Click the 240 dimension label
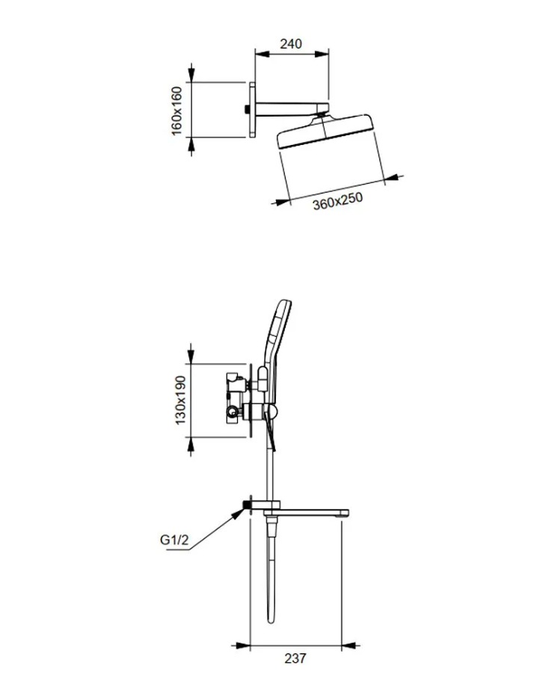290,43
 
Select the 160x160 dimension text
177,111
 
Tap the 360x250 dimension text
337,201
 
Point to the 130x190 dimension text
180,400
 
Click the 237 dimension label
295,658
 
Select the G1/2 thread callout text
174,540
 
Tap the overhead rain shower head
325,131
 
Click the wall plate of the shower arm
253,110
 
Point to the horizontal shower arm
292,110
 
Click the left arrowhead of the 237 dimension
241,645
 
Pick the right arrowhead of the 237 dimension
351,645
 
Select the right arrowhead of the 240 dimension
321,54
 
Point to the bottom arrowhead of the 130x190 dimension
191,446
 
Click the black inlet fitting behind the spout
245,504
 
